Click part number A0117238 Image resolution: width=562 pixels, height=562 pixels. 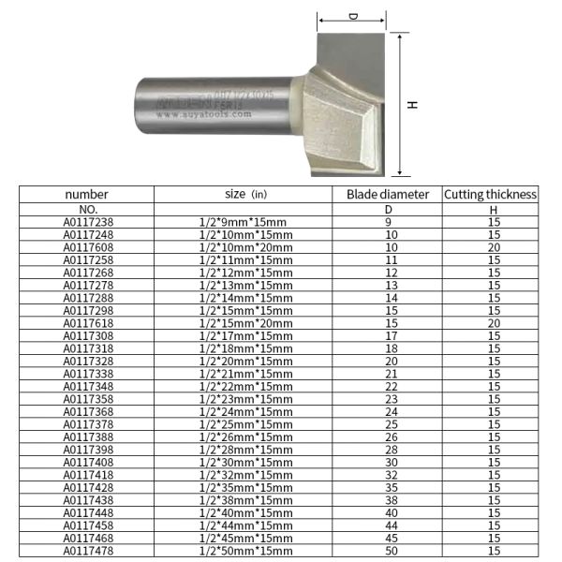point(88,222)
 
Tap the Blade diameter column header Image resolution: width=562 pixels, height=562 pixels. point(388,195)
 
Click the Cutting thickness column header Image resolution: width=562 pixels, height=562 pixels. point(491,195)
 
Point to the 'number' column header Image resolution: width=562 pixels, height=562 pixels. point(87,195)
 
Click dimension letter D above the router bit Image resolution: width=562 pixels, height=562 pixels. point(353,17)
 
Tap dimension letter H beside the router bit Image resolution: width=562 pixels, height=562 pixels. point(412,105)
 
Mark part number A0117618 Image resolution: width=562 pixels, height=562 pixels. point(88,323)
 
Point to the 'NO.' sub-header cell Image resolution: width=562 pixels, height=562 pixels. point(88,209)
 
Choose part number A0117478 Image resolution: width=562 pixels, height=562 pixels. point(88,551)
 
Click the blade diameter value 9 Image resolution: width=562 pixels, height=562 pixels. point(392,222)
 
